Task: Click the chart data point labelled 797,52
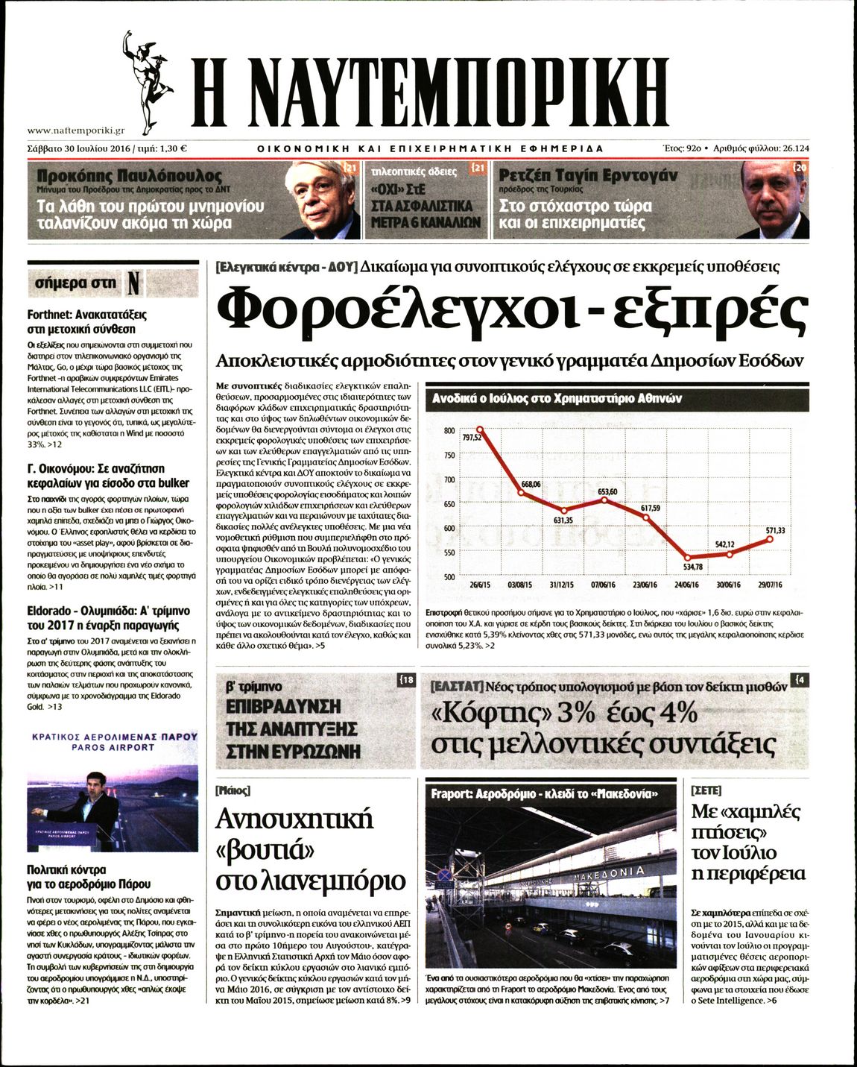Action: pyautogui.click(x=480, y=429)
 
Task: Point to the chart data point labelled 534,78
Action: pyautogui.click(x=688, y=558)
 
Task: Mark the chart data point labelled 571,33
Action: pyautogui.click(x=771, y=539)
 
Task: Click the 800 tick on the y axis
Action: pyautogui.click(x=449, y=430)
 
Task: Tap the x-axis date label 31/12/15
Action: pyautogui.click(x=563, y=585)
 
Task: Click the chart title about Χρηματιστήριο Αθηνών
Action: pyautogui.click(x=557, y=399)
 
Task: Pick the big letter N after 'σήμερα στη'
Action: pyautogui.click(x=133, y=283)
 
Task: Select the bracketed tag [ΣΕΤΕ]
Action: pyautogui.click(x=706, y=790)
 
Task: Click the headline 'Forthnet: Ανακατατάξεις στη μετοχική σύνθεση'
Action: pyautogui.click(x=87, y=321)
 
